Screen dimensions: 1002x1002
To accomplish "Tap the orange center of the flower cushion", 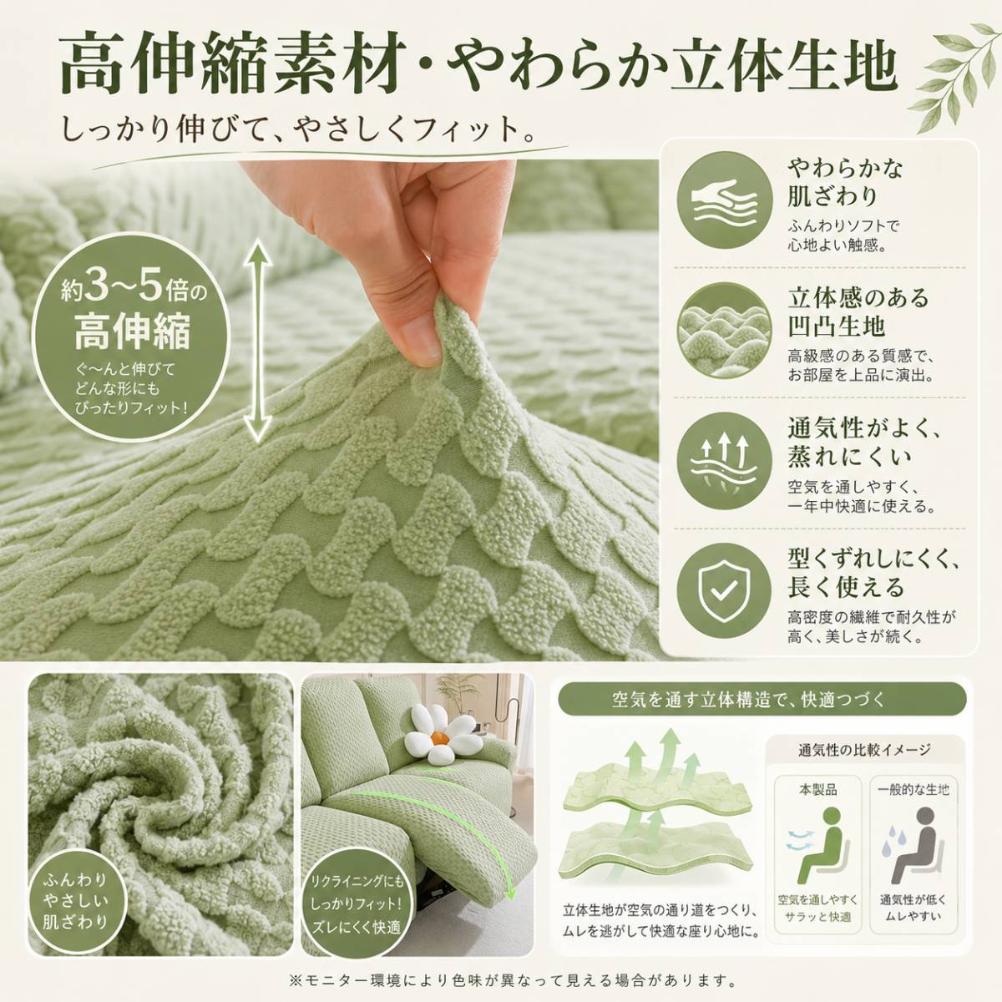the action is pyautogui.click(x=440, y=737).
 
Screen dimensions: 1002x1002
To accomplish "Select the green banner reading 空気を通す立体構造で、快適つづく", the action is pyautogui.click(x=762, y=701).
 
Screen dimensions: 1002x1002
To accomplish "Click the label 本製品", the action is pyautogui.click(x=818, y=791).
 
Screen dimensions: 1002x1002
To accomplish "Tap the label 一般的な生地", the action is pyautogui.click(x=913, y=791).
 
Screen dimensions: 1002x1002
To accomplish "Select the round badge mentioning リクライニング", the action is pyautogui.click(x=357, y=904).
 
